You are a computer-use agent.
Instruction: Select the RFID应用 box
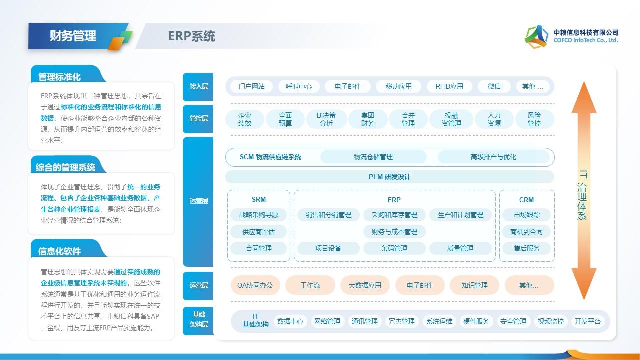[x=449, y=86]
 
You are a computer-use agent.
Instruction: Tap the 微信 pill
[x=494, y=86]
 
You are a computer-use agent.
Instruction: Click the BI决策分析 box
[x=326, y=119]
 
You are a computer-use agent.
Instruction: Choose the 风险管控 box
[x=534, y=119]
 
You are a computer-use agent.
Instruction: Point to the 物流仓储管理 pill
[x=373, y=157]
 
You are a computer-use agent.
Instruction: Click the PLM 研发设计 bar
[x=390, y=177]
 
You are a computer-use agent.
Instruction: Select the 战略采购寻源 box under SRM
[x=259, y=215]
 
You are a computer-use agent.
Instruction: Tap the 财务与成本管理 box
[x=394, y=232]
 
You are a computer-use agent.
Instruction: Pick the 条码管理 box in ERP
[x=394, y=248]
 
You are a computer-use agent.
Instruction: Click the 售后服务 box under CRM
[x=526, y=248]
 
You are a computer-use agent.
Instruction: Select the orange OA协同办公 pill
[x=255, y=285]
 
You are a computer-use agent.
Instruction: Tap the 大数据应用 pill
[x=365, y=285]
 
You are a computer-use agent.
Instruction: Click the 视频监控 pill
[x=551, y=321]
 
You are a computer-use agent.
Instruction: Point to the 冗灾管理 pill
[x=402, y=321]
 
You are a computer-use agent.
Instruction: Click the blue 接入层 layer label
[x=198, y=86]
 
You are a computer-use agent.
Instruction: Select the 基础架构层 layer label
[x=198, y=320]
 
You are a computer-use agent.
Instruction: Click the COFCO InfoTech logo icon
[x=536, y=36]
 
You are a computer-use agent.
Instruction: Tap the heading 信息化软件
[x=60, y=251]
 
